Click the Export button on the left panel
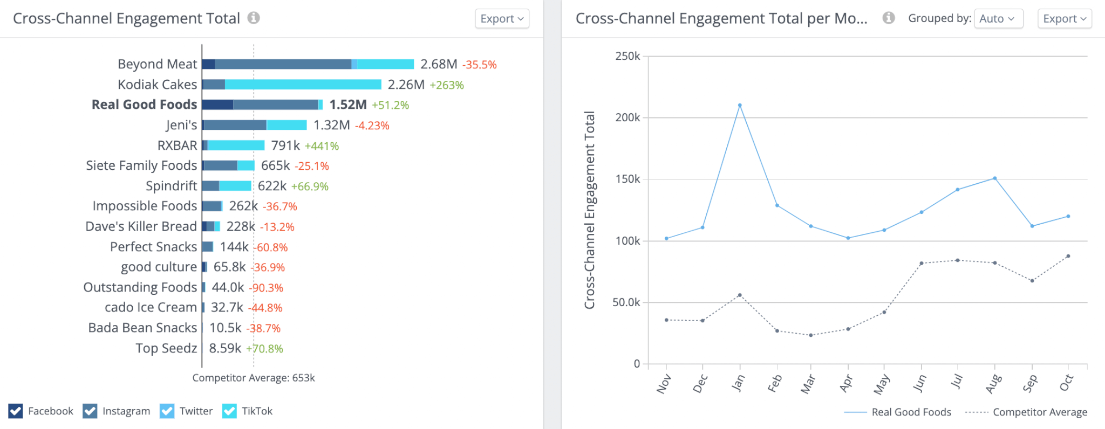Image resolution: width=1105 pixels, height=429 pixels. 501,19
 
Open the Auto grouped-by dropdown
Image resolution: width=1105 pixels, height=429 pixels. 998,19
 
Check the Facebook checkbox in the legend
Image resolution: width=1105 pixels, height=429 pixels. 16,411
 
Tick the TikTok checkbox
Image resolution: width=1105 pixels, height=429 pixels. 229,411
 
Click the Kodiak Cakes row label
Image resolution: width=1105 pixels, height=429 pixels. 157,85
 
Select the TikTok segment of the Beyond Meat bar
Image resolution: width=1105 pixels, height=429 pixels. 385,64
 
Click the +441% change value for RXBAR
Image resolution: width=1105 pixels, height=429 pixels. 322,146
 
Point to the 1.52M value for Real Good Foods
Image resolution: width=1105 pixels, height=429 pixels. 347,105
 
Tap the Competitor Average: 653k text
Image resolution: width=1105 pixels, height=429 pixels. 254,378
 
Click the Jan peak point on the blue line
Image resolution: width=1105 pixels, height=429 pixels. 740,105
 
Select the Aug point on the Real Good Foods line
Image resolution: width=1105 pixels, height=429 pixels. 995,178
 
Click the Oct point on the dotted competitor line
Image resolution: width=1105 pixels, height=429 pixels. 1068,256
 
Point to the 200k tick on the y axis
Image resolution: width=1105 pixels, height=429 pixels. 627,117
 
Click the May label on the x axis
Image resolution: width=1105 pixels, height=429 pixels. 882,384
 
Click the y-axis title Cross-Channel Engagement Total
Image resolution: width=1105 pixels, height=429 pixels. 590,210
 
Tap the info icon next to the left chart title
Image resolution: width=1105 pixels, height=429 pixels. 254,18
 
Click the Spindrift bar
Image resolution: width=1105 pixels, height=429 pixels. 227,186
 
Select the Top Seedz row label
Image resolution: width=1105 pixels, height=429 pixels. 166,348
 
